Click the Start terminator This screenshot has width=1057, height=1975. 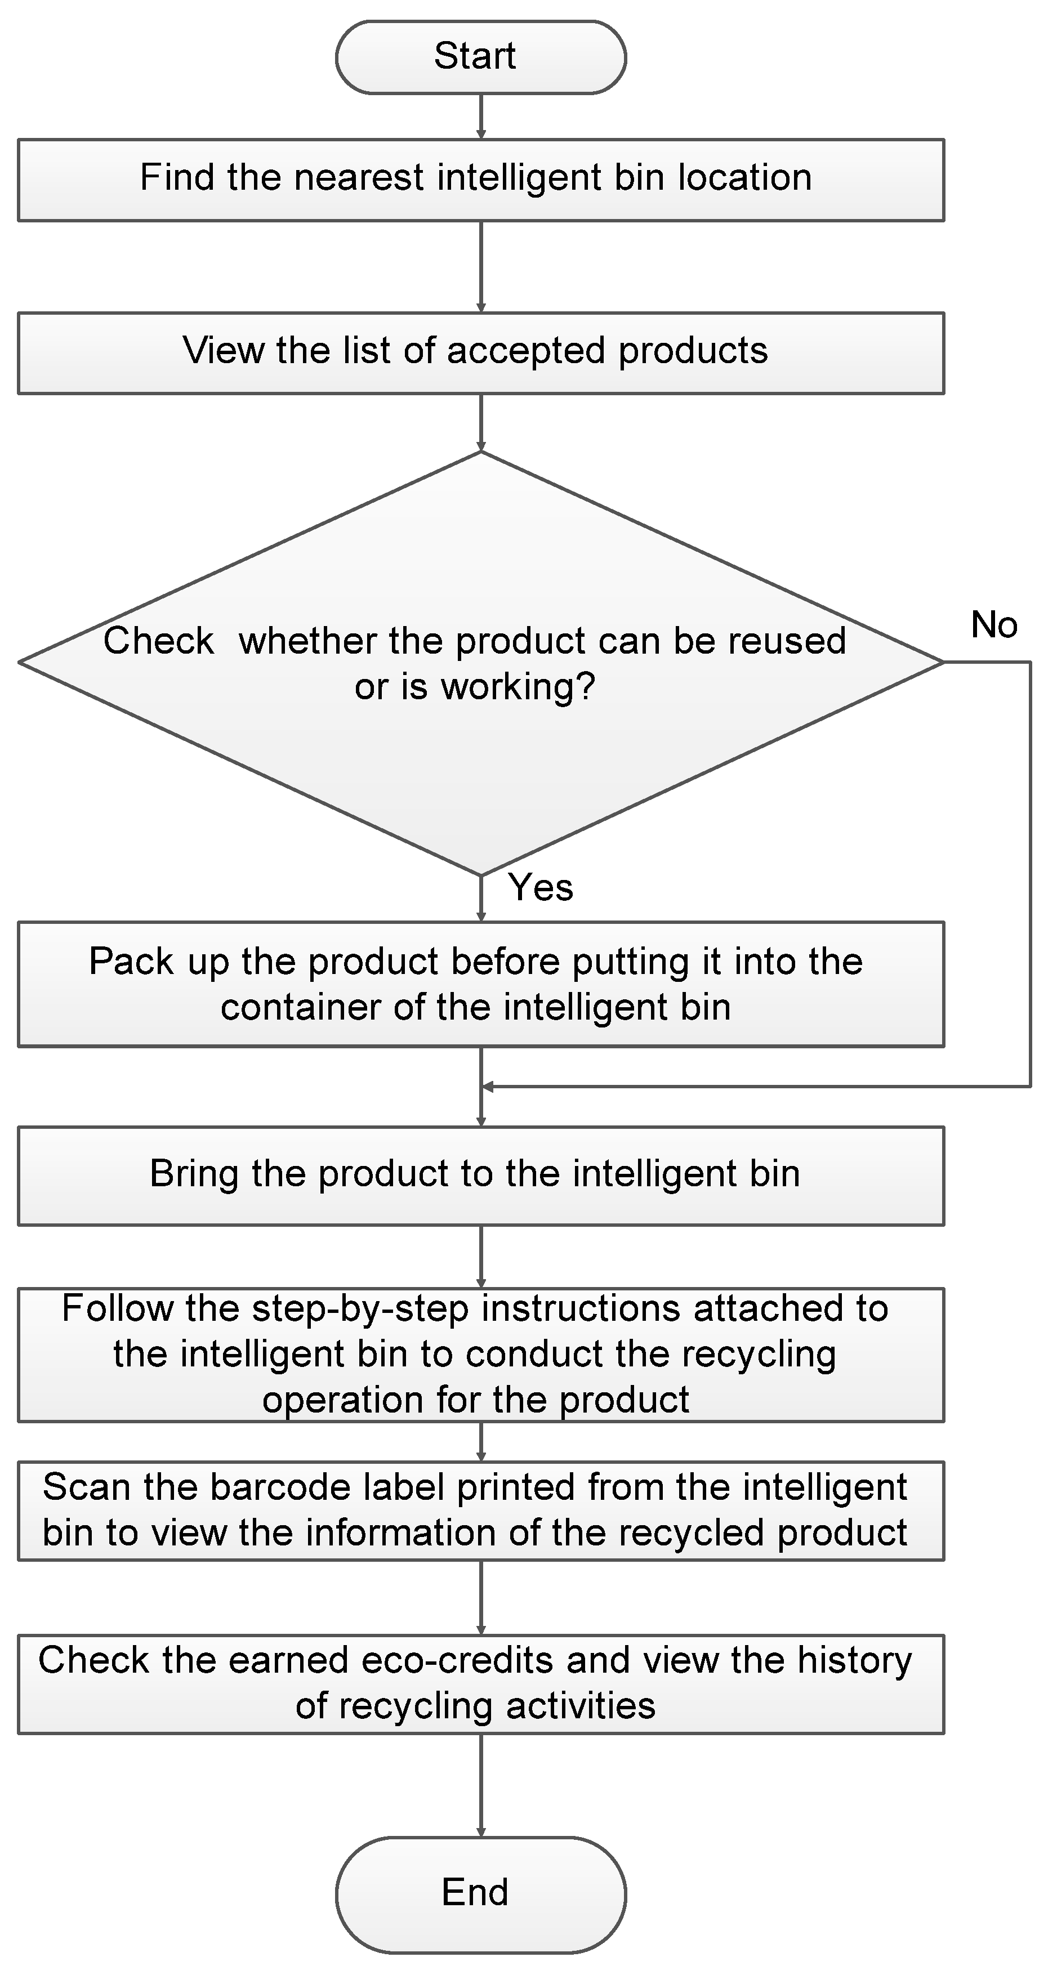click(x=481, y=57)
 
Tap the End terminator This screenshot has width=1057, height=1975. click(x=481, y=1894)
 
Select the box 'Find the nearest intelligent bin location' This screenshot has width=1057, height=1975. click(x=481, y=180)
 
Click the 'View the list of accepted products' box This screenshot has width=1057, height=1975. click(x=481, y=352)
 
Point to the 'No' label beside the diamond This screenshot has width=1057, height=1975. click(x=994, y=625)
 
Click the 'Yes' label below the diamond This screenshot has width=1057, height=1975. click(x=541, y=888)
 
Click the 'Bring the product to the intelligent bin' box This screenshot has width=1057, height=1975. click(x=481, y=1176)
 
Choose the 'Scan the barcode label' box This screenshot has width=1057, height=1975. click(x=481, y=1511)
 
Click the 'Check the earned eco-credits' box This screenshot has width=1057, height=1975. click(x=481, y=1684)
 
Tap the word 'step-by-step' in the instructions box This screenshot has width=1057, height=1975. click(x=360, y=1309)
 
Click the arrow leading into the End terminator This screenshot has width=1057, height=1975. click(x=481, y=1786)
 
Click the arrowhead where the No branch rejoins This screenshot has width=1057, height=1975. click(x=488, y=1087)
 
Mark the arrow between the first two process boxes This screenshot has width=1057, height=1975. click(x=481, y=267)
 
